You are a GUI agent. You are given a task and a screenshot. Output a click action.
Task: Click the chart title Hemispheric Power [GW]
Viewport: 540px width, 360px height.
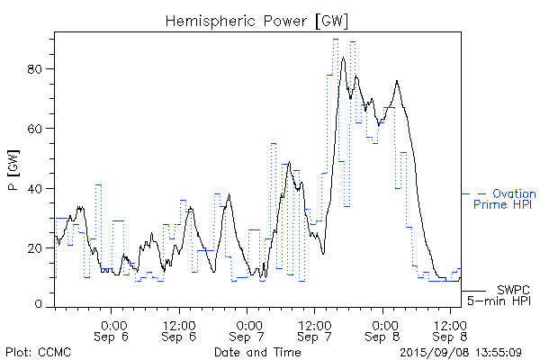click(256, 19)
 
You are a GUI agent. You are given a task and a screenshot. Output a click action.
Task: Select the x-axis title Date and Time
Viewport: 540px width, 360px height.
click(256, 350)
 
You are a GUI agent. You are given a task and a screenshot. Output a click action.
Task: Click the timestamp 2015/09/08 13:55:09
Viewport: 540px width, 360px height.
click(460, 350)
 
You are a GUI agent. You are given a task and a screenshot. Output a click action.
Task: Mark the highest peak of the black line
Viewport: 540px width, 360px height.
click(343, 58)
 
